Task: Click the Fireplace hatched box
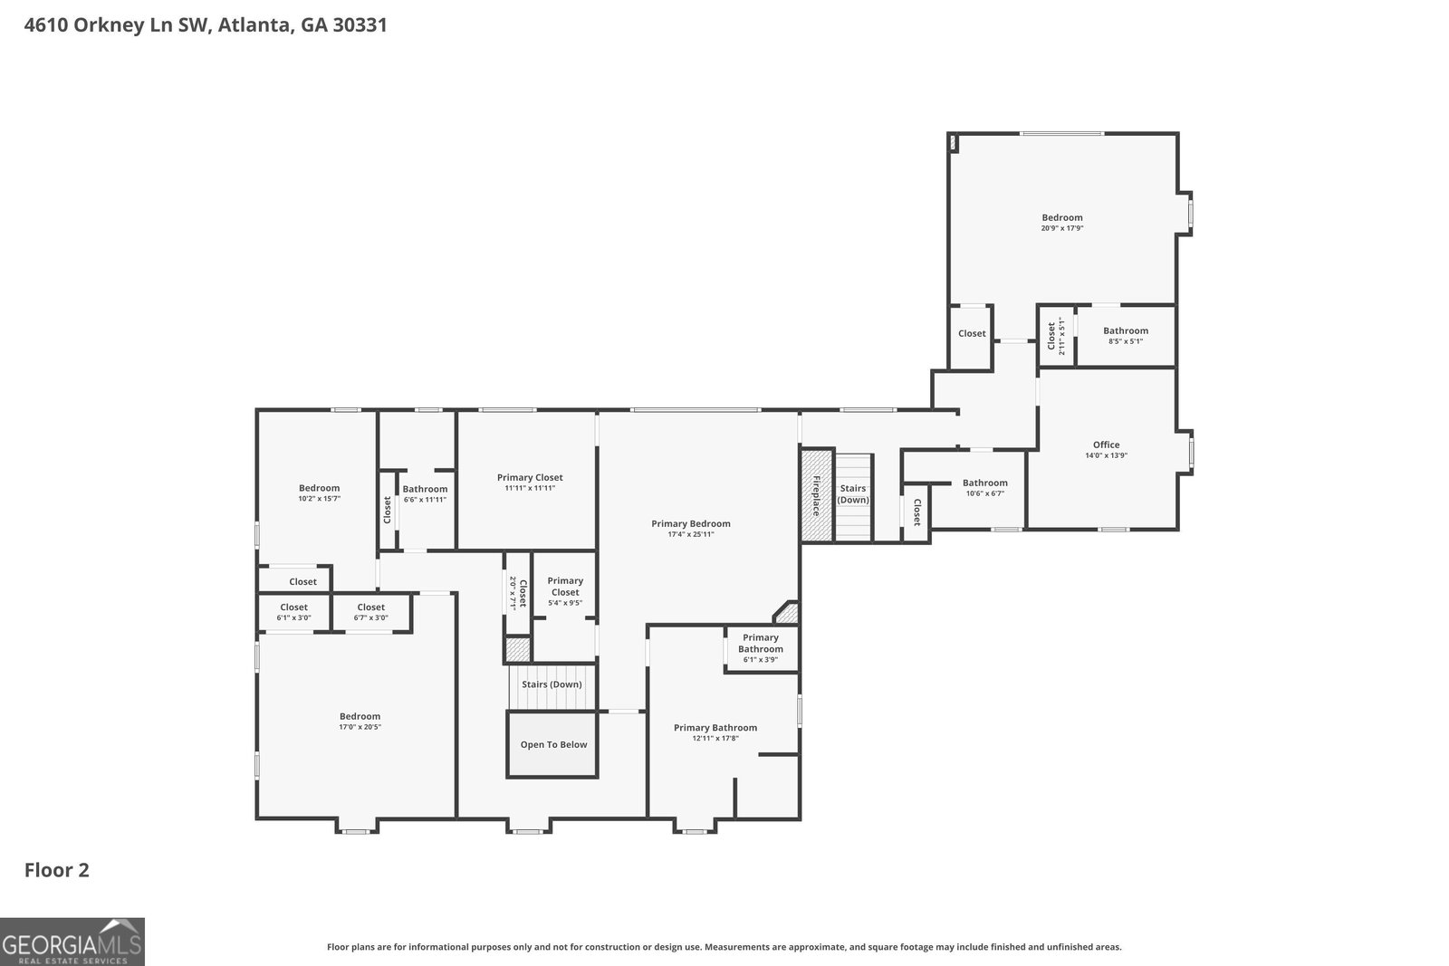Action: pyautogui.click(x=816, y=495)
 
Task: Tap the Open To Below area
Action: pyautogui.click(x=552, y=744)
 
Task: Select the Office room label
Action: pyautogui.click(x=1106, y=445)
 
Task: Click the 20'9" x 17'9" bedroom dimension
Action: pyautogui.click(x=1061, y=228)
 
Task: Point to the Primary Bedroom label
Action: pyautogui.click(x=690, y=523)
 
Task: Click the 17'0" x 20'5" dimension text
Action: pyautogui.click(x=360, y=727)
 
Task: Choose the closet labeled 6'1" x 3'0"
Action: pyautogui.click(x=294, y=612)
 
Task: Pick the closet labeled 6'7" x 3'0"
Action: pyautogui.click(x=371, y=612)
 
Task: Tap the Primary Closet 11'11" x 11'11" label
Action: pyautogui.click(x=530, y=483)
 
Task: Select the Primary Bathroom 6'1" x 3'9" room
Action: pyautogui.click(x=761, y=648)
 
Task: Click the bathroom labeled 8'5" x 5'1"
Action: pyautogui.click(x=1126, y=336)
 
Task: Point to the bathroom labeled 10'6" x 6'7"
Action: pyautogui.click(x=984, y=487)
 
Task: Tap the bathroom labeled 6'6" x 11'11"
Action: pyautogui.click(x=425, y=494)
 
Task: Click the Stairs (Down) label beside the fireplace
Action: pyautogui.click(x=852, y=494)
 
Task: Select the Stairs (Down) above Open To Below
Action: pyautogui.click(x=552, y=684)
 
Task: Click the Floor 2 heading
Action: pyautogui.click(x=57, y=870)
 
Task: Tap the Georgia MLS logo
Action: pyautogui.click(x=72, y=942)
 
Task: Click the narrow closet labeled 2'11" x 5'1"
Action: pyautogui.click(x=1056, y=336)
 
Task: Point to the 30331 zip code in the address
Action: pyautogui.click(x=360, y=25)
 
